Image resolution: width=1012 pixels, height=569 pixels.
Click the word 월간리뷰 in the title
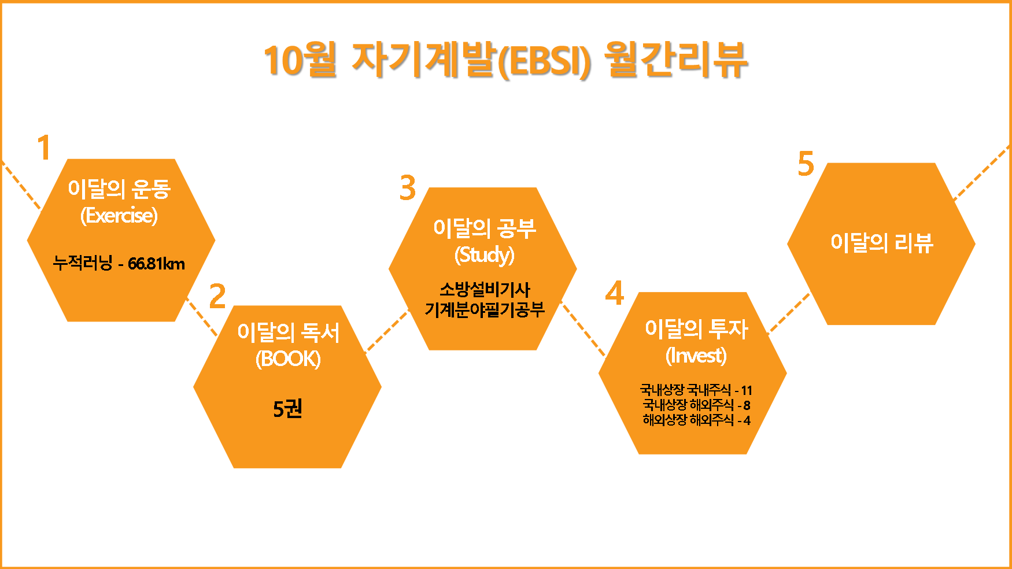675,60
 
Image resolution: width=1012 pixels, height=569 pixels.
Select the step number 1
44,147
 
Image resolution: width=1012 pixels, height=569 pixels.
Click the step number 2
217,296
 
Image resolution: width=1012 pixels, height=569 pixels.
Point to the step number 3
408,187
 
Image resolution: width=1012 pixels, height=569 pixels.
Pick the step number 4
615,293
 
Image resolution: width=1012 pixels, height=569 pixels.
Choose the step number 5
806,164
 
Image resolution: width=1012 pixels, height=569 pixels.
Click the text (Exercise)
119,216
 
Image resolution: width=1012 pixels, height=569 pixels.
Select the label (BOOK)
288,359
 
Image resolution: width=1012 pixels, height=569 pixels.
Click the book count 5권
287,409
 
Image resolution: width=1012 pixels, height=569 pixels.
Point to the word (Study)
485,254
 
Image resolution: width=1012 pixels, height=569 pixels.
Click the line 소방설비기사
485,289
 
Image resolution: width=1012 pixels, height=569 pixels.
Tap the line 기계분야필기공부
485,310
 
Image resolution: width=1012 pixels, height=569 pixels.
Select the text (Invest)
696,355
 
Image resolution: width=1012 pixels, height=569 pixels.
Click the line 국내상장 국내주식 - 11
696,390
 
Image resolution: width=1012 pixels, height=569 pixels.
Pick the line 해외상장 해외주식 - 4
696,420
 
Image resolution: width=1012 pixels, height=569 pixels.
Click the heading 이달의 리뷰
881,243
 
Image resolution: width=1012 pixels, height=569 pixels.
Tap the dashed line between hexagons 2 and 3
387,331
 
